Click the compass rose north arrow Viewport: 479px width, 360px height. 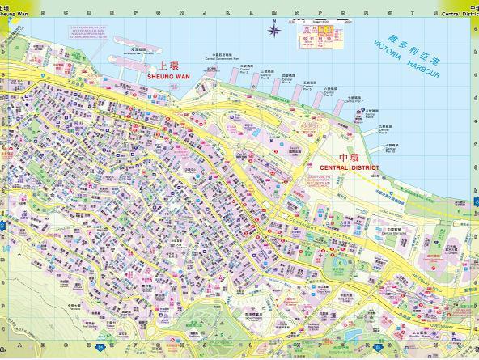pos(275,32)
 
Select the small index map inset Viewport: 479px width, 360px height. pos(318,40)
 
